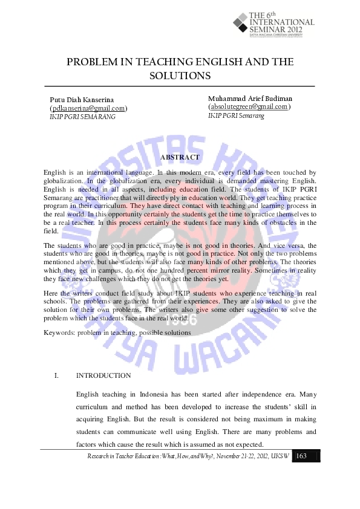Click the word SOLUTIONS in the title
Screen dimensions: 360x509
tap(180, 76)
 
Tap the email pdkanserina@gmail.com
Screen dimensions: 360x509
tap(88, 108)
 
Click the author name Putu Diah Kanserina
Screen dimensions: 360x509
tap(82, 99)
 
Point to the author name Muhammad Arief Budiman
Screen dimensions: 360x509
tap(250, 98)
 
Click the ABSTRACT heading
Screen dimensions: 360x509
tap(180, 157)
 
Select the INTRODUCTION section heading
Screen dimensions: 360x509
tap(103, 375)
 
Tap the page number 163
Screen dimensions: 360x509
tap(302, 455)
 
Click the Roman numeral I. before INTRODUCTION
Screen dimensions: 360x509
tap(56, 375)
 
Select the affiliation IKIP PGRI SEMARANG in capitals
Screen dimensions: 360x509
tap(82, 117)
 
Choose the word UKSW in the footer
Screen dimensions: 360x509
tap(280, 456)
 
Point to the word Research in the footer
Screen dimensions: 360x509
tap(100, 456)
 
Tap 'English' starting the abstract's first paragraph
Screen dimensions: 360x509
tap(55, 172)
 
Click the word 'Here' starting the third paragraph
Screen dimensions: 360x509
tap(51, 293)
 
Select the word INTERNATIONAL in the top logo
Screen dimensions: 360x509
tap(282, 22)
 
